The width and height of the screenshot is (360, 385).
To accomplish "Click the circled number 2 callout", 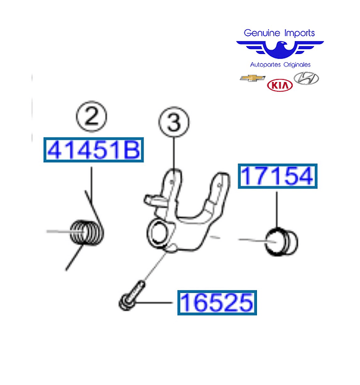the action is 91,116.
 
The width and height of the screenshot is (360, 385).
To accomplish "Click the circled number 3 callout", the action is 174,122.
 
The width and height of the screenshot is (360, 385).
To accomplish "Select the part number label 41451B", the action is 94,150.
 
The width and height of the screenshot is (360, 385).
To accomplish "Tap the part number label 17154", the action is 277,176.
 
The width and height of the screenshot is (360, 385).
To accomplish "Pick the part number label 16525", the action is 217,302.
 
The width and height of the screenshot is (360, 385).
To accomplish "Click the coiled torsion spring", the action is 86,232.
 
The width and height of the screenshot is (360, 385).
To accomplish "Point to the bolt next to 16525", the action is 132,296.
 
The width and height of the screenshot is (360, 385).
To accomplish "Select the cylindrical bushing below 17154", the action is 281,242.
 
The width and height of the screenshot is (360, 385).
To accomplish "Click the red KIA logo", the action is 280,85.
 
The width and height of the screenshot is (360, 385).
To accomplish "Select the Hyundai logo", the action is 306,78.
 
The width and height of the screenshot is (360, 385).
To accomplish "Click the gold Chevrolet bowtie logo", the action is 252,78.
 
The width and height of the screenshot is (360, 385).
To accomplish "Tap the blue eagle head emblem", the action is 280,50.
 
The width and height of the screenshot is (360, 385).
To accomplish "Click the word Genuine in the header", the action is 262,33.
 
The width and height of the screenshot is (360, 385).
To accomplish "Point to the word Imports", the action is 300,33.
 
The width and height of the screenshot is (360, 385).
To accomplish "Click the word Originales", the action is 297,65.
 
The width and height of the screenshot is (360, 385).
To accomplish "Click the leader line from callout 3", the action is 174,154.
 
